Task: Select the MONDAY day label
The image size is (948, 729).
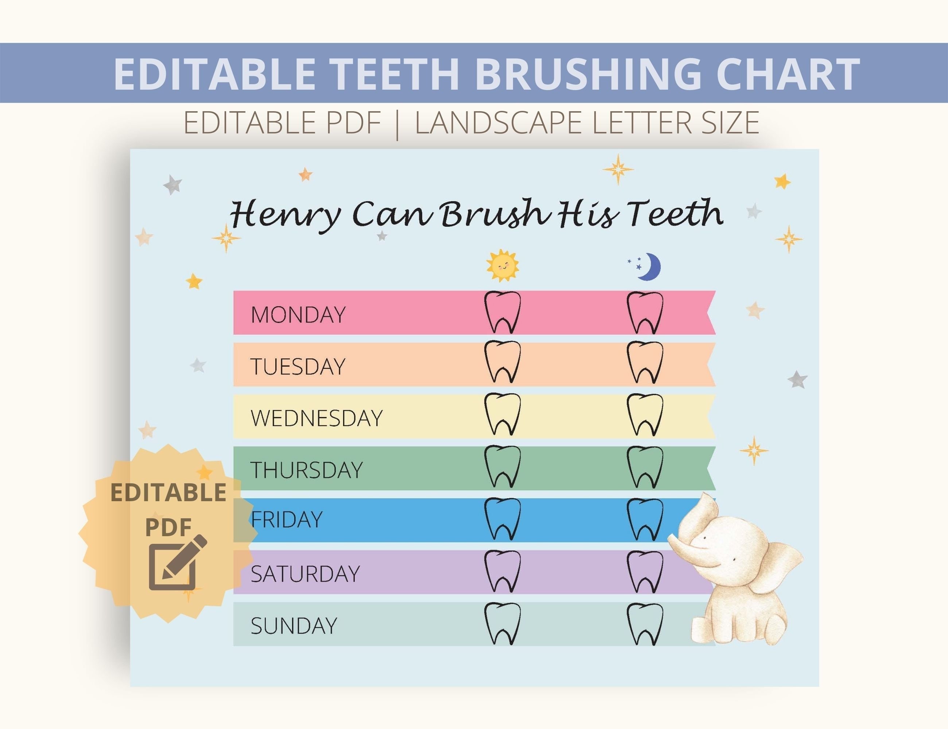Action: tap(298, 315)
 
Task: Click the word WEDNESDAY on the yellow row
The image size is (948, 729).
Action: tap(316, 418)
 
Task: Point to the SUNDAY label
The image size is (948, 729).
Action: tap(294, 625)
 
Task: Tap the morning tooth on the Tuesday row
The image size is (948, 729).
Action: tap(502, 362)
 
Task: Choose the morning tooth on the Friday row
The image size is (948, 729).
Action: tap(502, 519)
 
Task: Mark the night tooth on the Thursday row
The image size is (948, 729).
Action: tap(645, 467)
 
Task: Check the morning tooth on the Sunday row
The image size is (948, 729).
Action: tap(502, 623)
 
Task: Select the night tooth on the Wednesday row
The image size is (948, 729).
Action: tap(645, 414)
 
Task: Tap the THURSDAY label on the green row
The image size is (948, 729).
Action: tap(306, 470)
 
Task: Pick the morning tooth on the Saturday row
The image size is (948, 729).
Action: tap(502, 571)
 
